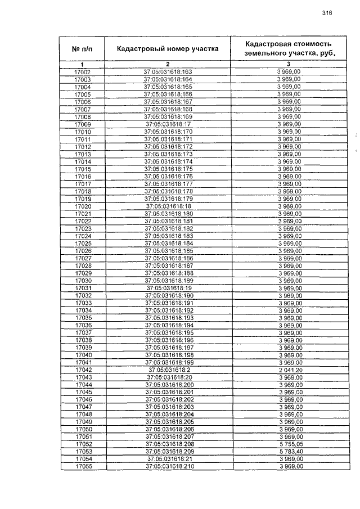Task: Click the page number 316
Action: [x=328, y=13]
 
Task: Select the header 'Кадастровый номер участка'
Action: [x=168, y=49]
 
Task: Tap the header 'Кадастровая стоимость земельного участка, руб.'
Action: [x=288, y=49]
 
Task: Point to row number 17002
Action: [x=83, y=72]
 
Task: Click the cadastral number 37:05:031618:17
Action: [x=168, y=124]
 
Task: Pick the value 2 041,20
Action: [x=289, y=370]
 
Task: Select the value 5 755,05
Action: [x=289, y=444]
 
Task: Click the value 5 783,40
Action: [x=289, y=452]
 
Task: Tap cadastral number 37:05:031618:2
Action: [x=168, y=370]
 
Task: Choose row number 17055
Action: [x=83, y=467]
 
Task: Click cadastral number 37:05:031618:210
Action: [x=168, y=467]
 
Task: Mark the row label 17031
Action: [x=83, y=288]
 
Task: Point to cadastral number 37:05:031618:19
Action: [x=168, y=288]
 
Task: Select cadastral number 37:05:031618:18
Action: [x=168, y=206]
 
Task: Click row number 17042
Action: [x=83, y=370]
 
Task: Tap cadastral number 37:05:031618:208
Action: [x=168, y=444]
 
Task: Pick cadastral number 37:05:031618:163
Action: [x=168, y=72]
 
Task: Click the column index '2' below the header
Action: [x=168, y=64]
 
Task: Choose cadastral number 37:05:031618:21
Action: [x=168, y=459]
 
